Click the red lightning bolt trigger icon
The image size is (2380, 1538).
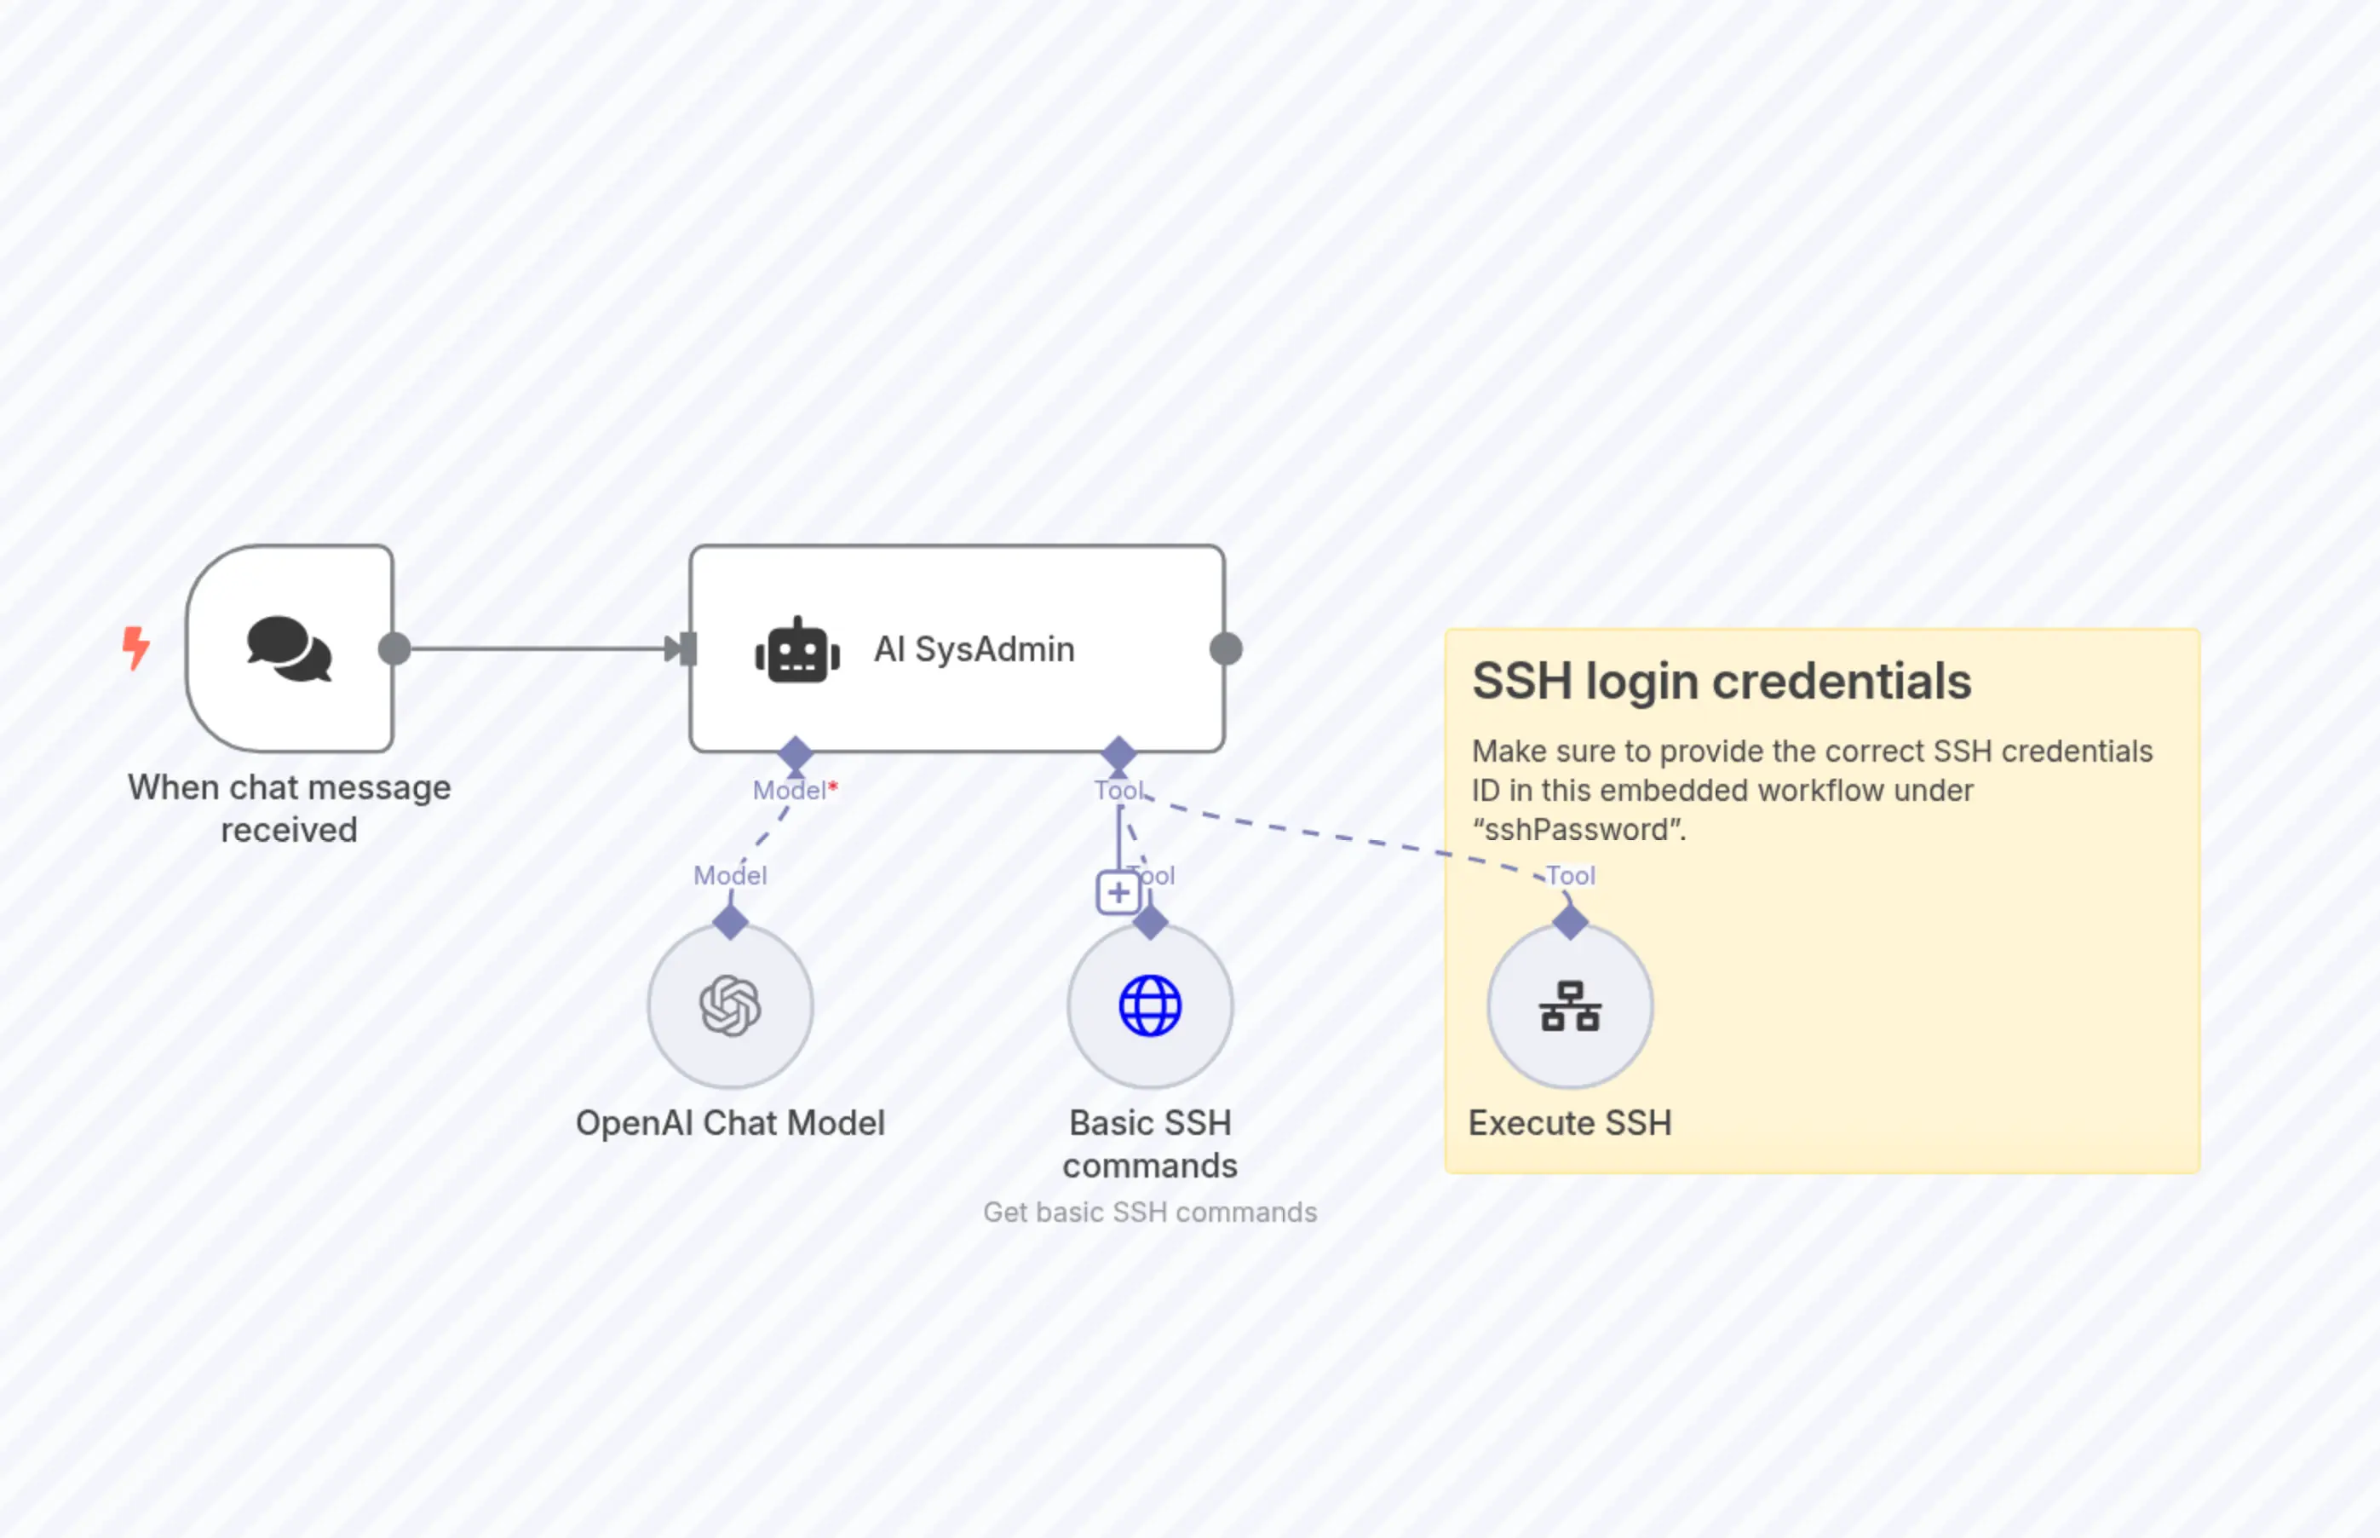pos(135,648)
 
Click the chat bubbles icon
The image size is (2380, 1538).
pos(290,649)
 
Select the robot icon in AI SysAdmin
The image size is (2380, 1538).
pos(796,651)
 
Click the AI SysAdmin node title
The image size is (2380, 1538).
pos(974,649)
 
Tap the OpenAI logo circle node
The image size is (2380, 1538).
pos(731,1005)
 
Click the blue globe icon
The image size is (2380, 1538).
pos(1150,1005)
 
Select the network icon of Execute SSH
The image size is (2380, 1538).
pos(1571,1005)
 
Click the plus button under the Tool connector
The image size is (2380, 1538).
pos(1118,892)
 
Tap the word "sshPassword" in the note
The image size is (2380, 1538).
pos(1578,830)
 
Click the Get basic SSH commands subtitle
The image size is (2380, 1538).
pos(1150,1213)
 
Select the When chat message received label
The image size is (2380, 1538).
pos(290,808)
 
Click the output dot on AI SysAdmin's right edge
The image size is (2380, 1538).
pos(1226,649)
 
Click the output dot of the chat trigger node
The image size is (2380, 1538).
pos(394,649)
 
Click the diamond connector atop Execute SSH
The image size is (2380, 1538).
pos(1571,922)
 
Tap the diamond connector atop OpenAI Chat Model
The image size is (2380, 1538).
pos(731,922)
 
